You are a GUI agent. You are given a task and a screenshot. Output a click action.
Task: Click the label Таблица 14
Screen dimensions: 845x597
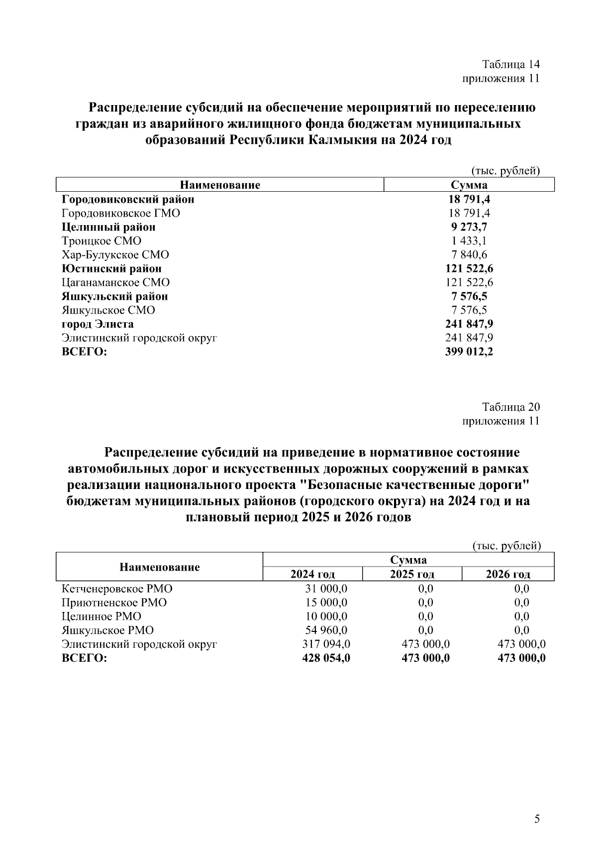(510, 64)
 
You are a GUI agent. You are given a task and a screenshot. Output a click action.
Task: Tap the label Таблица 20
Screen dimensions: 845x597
(510, 407)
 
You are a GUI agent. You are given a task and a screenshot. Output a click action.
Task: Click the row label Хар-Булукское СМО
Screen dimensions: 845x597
(115, 255)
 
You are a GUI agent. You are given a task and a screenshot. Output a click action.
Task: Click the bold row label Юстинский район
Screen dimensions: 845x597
(111, 269)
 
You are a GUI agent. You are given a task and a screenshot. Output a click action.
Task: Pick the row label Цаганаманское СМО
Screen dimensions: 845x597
(115, 283)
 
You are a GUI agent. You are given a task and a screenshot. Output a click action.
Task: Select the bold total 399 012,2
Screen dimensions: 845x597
(469, 352)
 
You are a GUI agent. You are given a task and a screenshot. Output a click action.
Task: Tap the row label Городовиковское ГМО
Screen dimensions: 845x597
(121, 213)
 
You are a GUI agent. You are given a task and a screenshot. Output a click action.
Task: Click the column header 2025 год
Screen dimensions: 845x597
(412, 574)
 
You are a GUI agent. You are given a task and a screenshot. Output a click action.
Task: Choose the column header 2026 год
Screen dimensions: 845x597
(508, 574)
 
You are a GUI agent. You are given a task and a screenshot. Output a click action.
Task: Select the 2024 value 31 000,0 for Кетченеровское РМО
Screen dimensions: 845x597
(326, 589)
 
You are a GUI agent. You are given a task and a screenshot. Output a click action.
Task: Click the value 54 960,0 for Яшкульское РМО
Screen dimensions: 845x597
(326, 630)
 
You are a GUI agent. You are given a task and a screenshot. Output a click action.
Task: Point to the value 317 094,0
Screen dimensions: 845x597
(326, 644)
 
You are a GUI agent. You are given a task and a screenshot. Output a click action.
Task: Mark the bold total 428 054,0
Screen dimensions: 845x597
(326, 658)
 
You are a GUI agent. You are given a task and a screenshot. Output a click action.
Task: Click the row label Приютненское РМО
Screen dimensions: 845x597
(114, 603)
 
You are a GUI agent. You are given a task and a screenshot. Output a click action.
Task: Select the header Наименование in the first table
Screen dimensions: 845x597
(220, 186)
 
